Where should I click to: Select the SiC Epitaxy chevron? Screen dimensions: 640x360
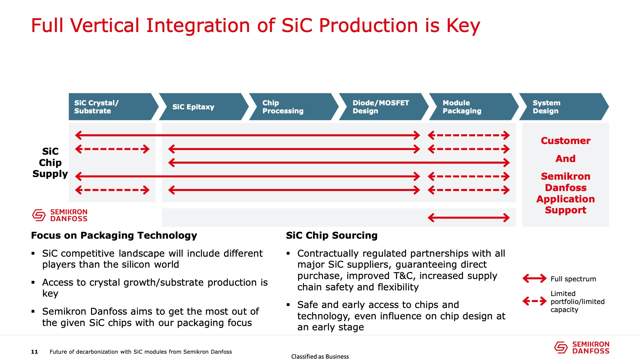(204, 107)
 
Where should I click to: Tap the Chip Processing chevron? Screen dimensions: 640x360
(294, 107)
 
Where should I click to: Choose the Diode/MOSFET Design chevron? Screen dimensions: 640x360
(384, 107)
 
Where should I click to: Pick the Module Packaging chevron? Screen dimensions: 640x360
(474, 107)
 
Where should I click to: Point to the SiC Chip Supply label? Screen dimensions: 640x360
(50, 163)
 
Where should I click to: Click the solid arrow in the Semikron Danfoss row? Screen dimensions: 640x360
(469, 218)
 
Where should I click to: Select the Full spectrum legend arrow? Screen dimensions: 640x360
(534, 278)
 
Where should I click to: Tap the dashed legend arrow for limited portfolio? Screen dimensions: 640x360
(534, 301)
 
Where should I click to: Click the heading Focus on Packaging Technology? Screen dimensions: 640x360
(114, 236)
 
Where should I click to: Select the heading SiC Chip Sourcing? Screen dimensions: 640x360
(332, 236)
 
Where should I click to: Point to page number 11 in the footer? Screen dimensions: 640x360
(34, 352)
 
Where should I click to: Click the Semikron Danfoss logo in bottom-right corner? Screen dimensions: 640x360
(582, 347)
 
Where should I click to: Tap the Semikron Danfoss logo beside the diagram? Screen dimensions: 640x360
(60, 215)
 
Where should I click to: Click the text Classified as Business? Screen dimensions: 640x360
(320, 357)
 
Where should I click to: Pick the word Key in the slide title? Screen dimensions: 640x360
(463, 26)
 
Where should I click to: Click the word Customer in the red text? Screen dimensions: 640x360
(566, 141)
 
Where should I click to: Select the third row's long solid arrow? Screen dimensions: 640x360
(339, 163)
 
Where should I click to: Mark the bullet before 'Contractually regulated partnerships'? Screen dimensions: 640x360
(288, 254)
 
